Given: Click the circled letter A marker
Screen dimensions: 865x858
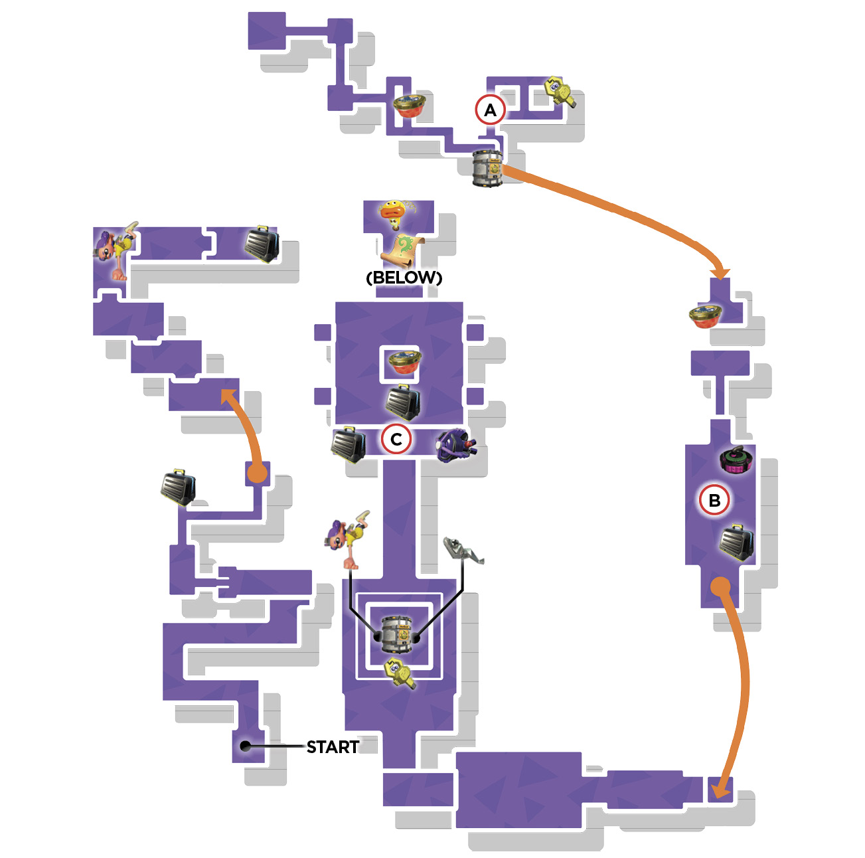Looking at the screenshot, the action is point(490,110).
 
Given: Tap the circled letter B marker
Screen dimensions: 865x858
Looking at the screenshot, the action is point(714,500).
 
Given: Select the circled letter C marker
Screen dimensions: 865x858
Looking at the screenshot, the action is point(396,439).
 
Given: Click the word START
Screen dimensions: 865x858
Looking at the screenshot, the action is point(332,747).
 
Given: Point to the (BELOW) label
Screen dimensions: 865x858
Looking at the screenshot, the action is point(404,277).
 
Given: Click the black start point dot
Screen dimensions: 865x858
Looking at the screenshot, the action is point(245,746).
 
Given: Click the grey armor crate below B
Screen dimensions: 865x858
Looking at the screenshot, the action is point(736,543).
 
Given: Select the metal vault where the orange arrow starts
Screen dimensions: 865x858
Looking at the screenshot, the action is point(487,169).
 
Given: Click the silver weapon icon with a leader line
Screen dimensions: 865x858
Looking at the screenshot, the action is point(463,550).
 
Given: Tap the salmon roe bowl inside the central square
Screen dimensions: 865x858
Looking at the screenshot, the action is point(404,363).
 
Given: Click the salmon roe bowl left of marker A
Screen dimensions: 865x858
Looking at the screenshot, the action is point(409,106).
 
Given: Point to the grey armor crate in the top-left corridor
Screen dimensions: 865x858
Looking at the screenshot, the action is point(262,244).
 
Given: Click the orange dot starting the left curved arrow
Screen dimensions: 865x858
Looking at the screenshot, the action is point(257,473).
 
